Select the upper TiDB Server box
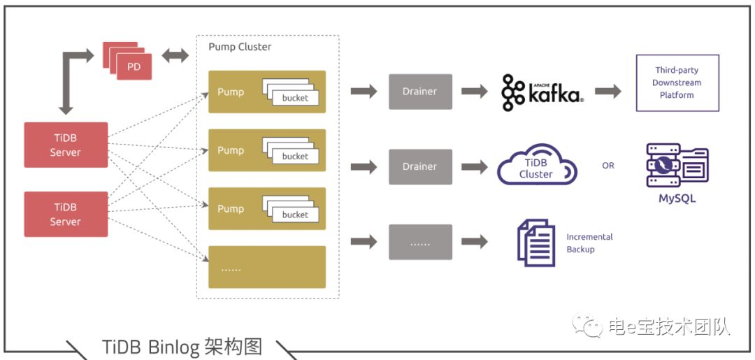point(66,145)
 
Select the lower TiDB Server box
point(66,214)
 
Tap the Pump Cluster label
point(240,47)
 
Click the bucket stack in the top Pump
point(291,93)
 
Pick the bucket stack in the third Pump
point(291,210)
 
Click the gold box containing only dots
point(267,267)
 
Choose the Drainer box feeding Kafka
point(420,92)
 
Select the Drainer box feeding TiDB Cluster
point(420,166)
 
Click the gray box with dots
point(420,242)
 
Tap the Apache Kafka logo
point(542,93)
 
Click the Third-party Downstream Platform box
point(677,82)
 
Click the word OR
point(608,166)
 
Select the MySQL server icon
point(677,166)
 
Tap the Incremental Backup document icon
point(535,242)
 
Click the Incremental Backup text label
point(589,243)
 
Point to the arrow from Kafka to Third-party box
point(607,92)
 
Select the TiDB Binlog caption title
point(182,347)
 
